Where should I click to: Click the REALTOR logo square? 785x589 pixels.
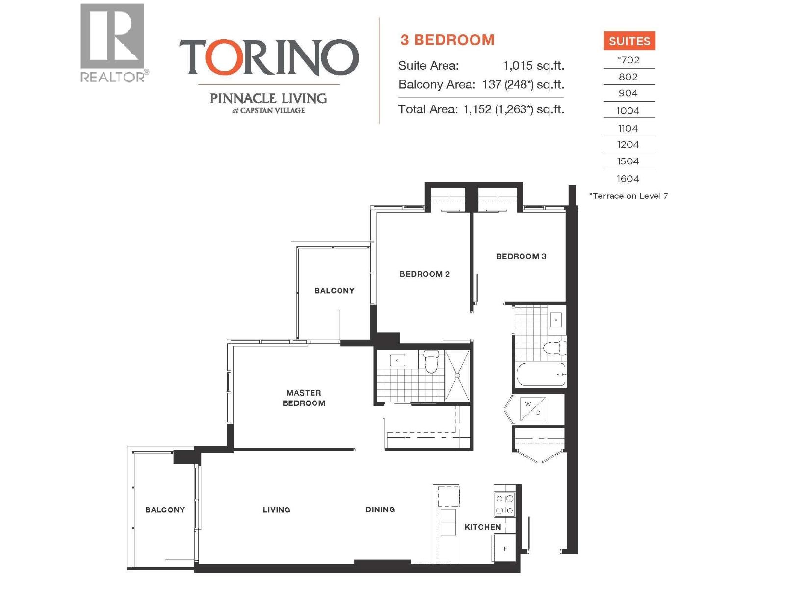[112, 36]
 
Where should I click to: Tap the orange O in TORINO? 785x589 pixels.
[221, 57]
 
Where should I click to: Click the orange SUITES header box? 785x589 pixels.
[629, 41]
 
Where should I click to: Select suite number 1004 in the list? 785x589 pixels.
[628, 111]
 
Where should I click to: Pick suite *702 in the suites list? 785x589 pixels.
[628, 60]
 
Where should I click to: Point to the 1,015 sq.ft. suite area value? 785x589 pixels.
[533, 66]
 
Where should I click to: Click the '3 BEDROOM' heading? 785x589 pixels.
[447, 40]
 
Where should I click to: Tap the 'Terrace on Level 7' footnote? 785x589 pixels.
[628, 196]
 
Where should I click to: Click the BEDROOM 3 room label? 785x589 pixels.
[521, 256]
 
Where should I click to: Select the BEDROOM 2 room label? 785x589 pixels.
[424, 274]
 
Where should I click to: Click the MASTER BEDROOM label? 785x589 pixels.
[304, 398]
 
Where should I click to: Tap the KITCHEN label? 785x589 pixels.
[482, 527]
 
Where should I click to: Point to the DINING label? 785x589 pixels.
[380, 509]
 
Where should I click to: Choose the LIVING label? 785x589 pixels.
[276, 510]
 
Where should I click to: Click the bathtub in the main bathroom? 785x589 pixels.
[541, 375]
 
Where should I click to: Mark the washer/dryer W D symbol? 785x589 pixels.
[533, 409]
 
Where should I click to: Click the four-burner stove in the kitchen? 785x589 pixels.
[505, 504]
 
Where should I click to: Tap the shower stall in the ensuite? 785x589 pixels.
[457, 375]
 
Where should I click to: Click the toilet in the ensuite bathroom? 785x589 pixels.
[431, 361]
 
